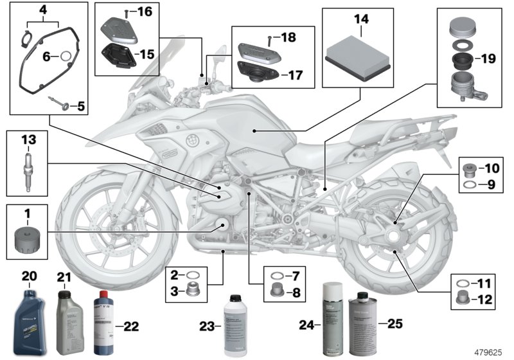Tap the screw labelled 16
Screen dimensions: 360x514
[x=127, y=12]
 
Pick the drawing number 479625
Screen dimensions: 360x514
[x=487, y=352]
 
